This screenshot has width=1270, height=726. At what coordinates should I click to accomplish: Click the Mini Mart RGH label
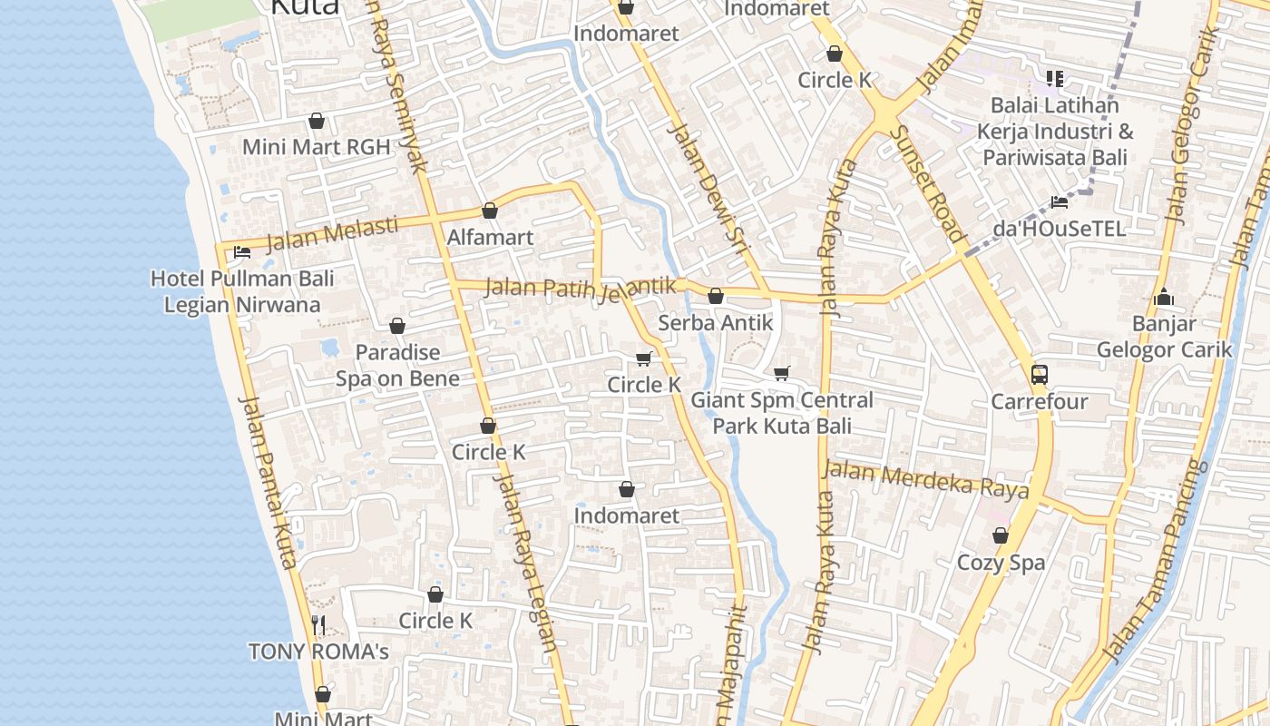(316, 146)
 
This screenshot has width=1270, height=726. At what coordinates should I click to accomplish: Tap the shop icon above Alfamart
(490, 211)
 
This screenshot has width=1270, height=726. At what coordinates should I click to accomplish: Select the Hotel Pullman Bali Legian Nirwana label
(242, 291)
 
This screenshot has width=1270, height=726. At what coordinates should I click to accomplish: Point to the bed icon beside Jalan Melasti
(242, 252)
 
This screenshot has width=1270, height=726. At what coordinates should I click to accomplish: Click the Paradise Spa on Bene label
(397, 365)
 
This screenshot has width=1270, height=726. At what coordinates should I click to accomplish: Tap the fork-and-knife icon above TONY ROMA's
(318, 624)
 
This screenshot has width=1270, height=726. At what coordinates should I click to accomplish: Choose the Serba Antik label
(716, 322)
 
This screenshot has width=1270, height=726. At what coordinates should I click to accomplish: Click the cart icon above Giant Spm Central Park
(782, 373)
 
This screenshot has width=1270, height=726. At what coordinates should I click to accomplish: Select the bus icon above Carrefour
(1040, 374)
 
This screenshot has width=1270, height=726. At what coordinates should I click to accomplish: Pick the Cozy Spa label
(1001, 563)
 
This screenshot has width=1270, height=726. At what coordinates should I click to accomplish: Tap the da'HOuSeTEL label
(1059, 229)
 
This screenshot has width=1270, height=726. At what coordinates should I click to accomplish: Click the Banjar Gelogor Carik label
(1164, 336)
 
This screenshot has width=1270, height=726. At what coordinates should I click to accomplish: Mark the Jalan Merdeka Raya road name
(925, 479)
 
